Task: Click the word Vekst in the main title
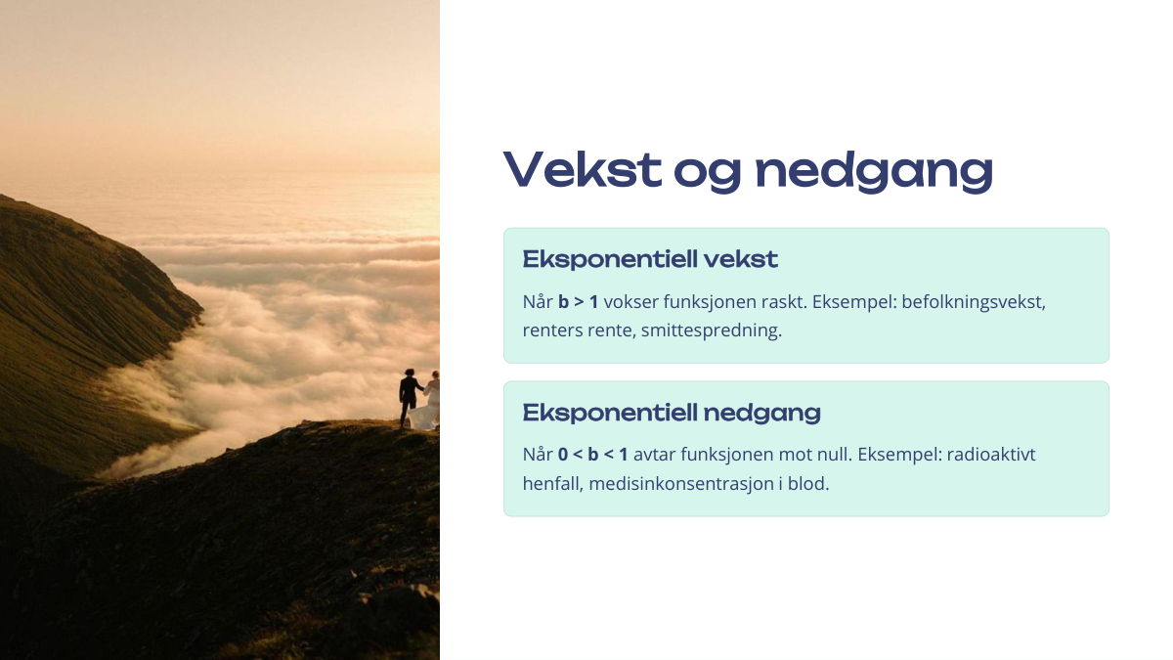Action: tap(583, 169)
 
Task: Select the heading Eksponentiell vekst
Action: tap(650, 259)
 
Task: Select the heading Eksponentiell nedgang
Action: tap(672, 413)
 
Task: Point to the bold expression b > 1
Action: tap(578, 302)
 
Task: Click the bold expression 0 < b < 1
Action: tap(592, 455)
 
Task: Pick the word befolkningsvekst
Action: tap(974, 302)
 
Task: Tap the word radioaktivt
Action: tap(991, 455)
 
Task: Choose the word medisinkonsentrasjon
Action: tap(680, 483)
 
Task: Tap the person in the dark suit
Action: tap(410, 398)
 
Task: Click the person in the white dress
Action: tap(429, 402)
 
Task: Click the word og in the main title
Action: tap(708, 173)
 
